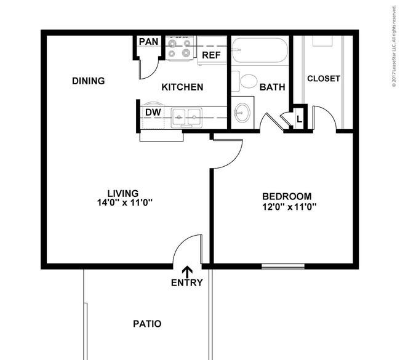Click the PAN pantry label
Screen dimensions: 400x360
[x=148, y=42]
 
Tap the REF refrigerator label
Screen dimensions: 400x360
[x=211, y=55]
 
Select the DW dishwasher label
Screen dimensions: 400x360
[x=153, y=112]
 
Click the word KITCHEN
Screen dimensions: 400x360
[x=182, y=87]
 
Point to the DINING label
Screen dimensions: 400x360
[x=88, y=81]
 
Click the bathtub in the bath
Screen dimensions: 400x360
[x=260, y=50]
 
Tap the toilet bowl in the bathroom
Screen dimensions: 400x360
[x=249, y=81]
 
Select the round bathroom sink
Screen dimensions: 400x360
[x=242, y=113]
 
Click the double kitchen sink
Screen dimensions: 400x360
[x=186, y=118]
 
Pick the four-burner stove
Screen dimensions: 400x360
[x=180, y=48]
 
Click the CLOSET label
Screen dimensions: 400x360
[x=324, y=79]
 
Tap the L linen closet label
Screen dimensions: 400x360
[x=299, y=119]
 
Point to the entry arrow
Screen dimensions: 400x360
[x=188, y=272]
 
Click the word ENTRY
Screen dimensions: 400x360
[x=186, y=282]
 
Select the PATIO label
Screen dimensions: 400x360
[x=147, y=324]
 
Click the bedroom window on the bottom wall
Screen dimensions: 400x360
[x=283, y=266]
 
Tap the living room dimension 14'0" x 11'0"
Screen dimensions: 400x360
[x=125, y=203]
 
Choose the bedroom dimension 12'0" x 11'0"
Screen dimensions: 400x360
[x=289, y=206]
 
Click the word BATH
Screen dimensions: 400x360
[x=272, y=87]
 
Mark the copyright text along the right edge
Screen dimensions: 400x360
[x=394, y=47]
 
